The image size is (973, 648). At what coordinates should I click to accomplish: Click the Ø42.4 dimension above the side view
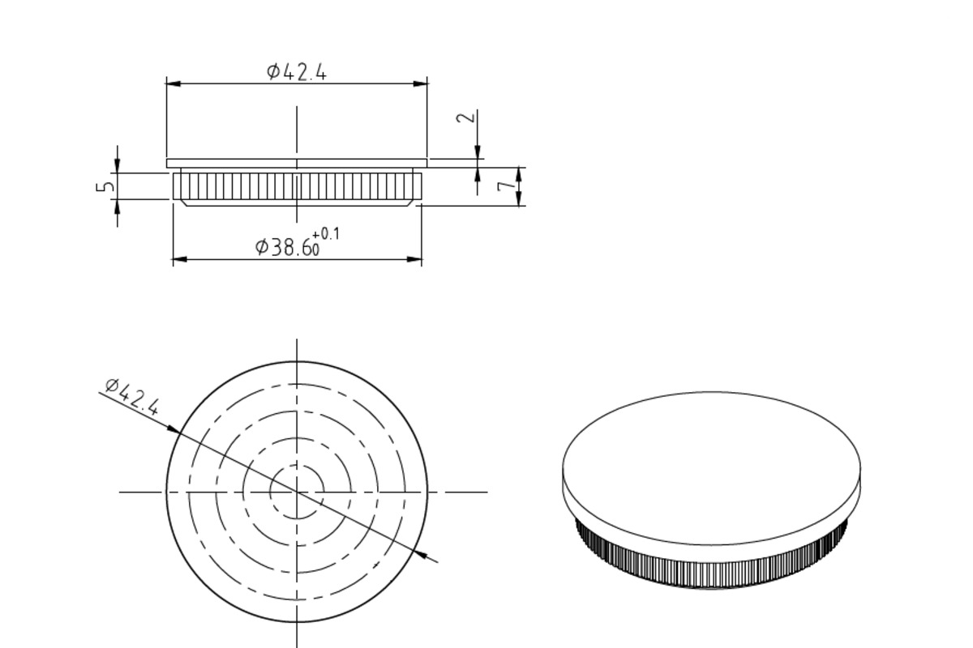(297, 72)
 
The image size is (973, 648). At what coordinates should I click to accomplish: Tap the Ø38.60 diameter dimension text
(288, 246)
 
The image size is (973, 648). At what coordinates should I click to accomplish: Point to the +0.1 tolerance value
(326, 234)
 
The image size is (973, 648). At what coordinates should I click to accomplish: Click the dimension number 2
(465, 117)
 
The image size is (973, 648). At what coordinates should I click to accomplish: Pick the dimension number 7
(506, 185)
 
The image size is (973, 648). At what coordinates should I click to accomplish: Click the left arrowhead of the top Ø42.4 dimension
(173, 83)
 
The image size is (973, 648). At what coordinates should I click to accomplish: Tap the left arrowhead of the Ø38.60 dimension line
(179, 259)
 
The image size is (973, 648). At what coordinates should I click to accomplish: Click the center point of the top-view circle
(297, 491)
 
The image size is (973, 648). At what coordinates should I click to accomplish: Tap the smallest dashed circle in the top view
(297, 465)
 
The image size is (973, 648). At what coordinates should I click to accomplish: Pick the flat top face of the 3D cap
(711, 466)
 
